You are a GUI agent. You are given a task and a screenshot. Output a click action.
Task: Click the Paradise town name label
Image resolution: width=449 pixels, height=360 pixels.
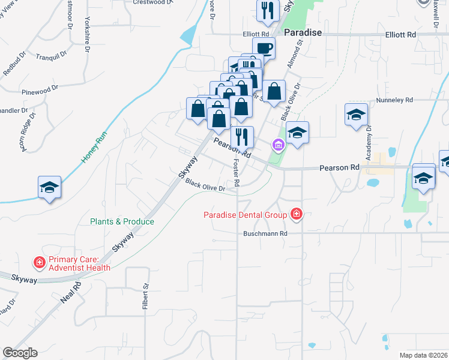(303, 32)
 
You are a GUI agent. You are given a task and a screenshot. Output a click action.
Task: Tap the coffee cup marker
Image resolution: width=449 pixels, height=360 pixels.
(264, 47)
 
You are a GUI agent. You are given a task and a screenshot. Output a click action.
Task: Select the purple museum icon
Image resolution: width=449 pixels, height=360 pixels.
(277, 145)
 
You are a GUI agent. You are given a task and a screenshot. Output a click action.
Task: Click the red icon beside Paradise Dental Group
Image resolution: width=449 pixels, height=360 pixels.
(296, 214)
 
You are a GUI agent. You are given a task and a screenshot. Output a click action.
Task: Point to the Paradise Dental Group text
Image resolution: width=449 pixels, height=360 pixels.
(246, 214)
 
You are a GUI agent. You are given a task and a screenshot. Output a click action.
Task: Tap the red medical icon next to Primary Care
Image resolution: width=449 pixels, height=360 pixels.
(39, 263)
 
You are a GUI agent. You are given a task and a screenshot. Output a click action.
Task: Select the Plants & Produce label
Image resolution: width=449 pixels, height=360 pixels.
(122, 221)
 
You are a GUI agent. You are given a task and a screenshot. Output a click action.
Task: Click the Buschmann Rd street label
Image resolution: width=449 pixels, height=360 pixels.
(266, 233)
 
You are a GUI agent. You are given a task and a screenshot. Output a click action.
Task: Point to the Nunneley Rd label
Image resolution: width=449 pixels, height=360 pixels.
(394, 100)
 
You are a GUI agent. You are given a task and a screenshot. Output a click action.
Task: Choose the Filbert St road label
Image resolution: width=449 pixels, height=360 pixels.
(145, 298)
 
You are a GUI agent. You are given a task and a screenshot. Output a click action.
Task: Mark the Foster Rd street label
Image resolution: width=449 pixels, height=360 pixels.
(237, 172)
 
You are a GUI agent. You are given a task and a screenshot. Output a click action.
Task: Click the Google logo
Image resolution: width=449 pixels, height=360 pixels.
(20, 353)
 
